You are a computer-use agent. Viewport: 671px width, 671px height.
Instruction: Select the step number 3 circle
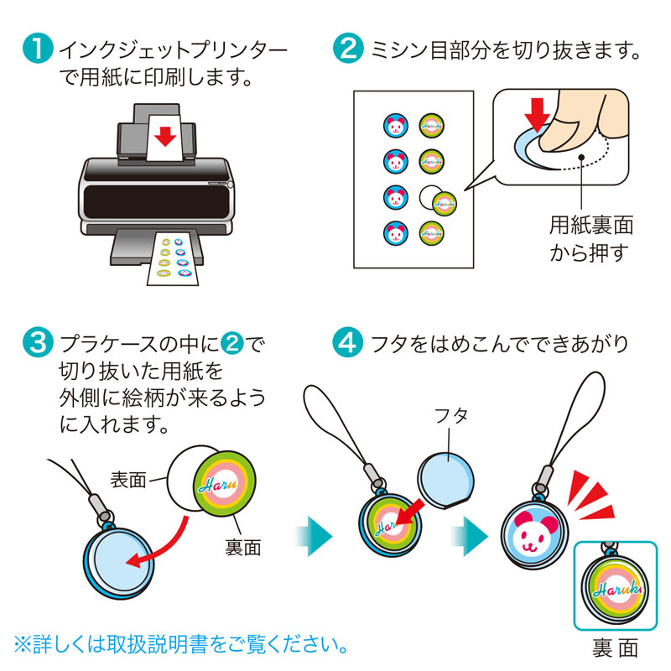(39, 343)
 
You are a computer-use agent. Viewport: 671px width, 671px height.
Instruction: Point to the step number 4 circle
(346, 343)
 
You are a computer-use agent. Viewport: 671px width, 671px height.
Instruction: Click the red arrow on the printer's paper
(166, 135)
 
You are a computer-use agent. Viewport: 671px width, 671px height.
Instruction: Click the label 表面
(128, 480)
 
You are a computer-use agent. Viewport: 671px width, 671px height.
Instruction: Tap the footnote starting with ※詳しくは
(179, 645)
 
